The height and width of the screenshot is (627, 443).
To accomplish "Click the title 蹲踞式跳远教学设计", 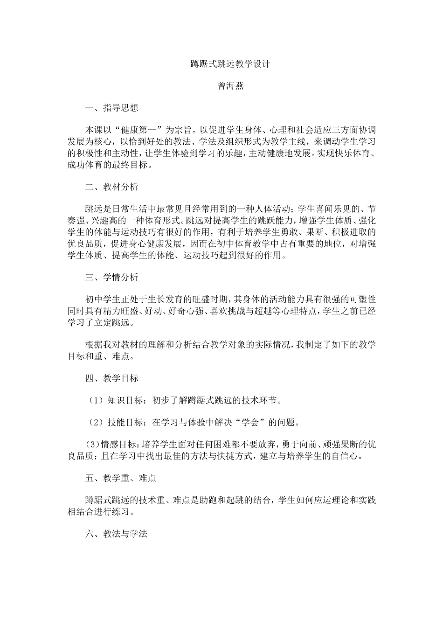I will pos(230,64).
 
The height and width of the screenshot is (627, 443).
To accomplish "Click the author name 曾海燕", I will pos(230,86).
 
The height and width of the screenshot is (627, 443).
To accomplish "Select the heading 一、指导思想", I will pos(111,108).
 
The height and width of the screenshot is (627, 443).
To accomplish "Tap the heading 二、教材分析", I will pos(111,187).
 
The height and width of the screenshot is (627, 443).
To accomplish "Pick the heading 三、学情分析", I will pos(111,278).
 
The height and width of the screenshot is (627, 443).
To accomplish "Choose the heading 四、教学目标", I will pos(111,378).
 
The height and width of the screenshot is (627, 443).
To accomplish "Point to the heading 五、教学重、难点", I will pos(120,478).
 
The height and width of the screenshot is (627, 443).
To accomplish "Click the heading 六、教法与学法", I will pos(116,534).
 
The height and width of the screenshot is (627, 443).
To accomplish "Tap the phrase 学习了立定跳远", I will pos(100,322).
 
